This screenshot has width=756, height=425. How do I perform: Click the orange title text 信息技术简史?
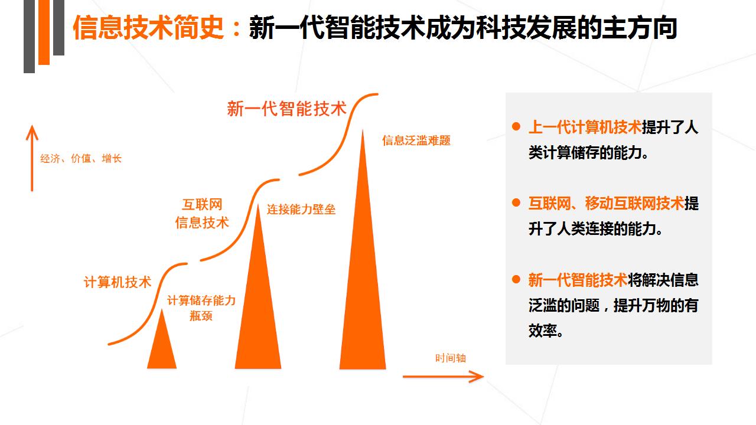pos(148,28)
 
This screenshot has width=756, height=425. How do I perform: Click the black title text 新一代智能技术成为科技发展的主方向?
pos(463,28)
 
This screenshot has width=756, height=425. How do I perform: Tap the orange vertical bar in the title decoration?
pos(44,32)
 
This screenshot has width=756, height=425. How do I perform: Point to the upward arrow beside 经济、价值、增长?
pos(32,158)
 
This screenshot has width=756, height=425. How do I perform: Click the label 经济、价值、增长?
pos(81,158)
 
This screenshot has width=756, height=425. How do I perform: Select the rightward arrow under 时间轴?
pos(443,376)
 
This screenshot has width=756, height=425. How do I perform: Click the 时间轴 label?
pos(451,358)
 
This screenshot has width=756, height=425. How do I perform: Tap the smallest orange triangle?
pos(162,339)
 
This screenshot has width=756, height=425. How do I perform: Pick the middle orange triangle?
pos(258,286)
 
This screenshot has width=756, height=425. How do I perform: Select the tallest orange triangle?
pos(363,249)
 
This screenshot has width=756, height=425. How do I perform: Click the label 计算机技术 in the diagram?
pos(118,282)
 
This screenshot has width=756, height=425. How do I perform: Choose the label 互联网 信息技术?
pos(202,214)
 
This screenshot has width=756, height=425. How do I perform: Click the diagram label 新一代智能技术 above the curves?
pos(287,109)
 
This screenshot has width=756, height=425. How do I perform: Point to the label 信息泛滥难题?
pos(416,140)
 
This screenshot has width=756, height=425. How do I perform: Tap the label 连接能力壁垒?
pos(301,210)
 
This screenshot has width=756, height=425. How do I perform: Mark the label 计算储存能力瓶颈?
pos(201,308)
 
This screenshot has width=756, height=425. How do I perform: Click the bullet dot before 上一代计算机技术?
pos(516,126)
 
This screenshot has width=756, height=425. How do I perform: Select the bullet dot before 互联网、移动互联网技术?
pos(516,202)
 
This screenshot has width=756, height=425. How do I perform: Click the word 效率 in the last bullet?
pos(543,331)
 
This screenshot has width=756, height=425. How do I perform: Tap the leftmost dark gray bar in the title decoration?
pos(30,37)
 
